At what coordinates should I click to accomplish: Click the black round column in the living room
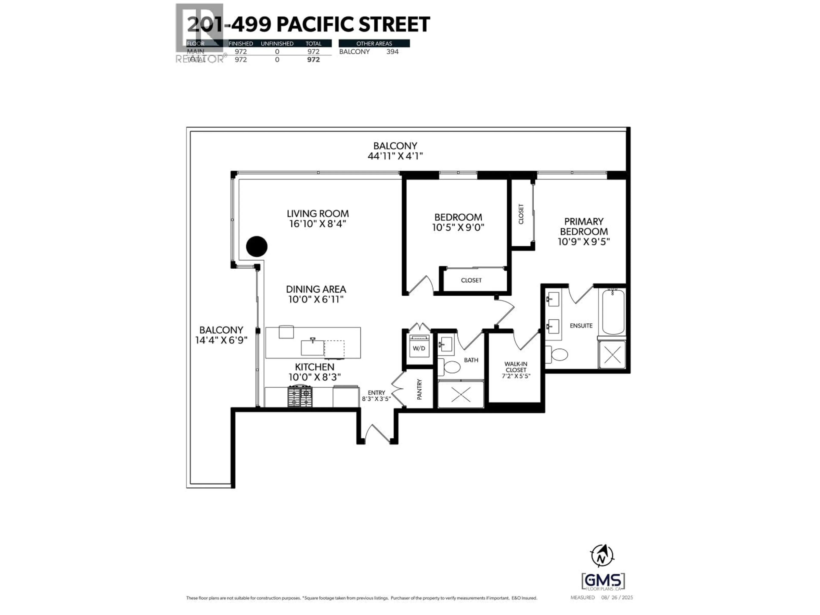(256, 246)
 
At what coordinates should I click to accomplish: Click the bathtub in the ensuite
(613, 312)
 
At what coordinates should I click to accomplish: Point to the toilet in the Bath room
(451, 367)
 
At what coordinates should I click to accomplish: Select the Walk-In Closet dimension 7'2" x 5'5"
(516, 376)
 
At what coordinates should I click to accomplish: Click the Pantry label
(419, 389)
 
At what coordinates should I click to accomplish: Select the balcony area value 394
(392, 51)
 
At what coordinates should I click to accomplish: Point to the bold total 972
(313, 60)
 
